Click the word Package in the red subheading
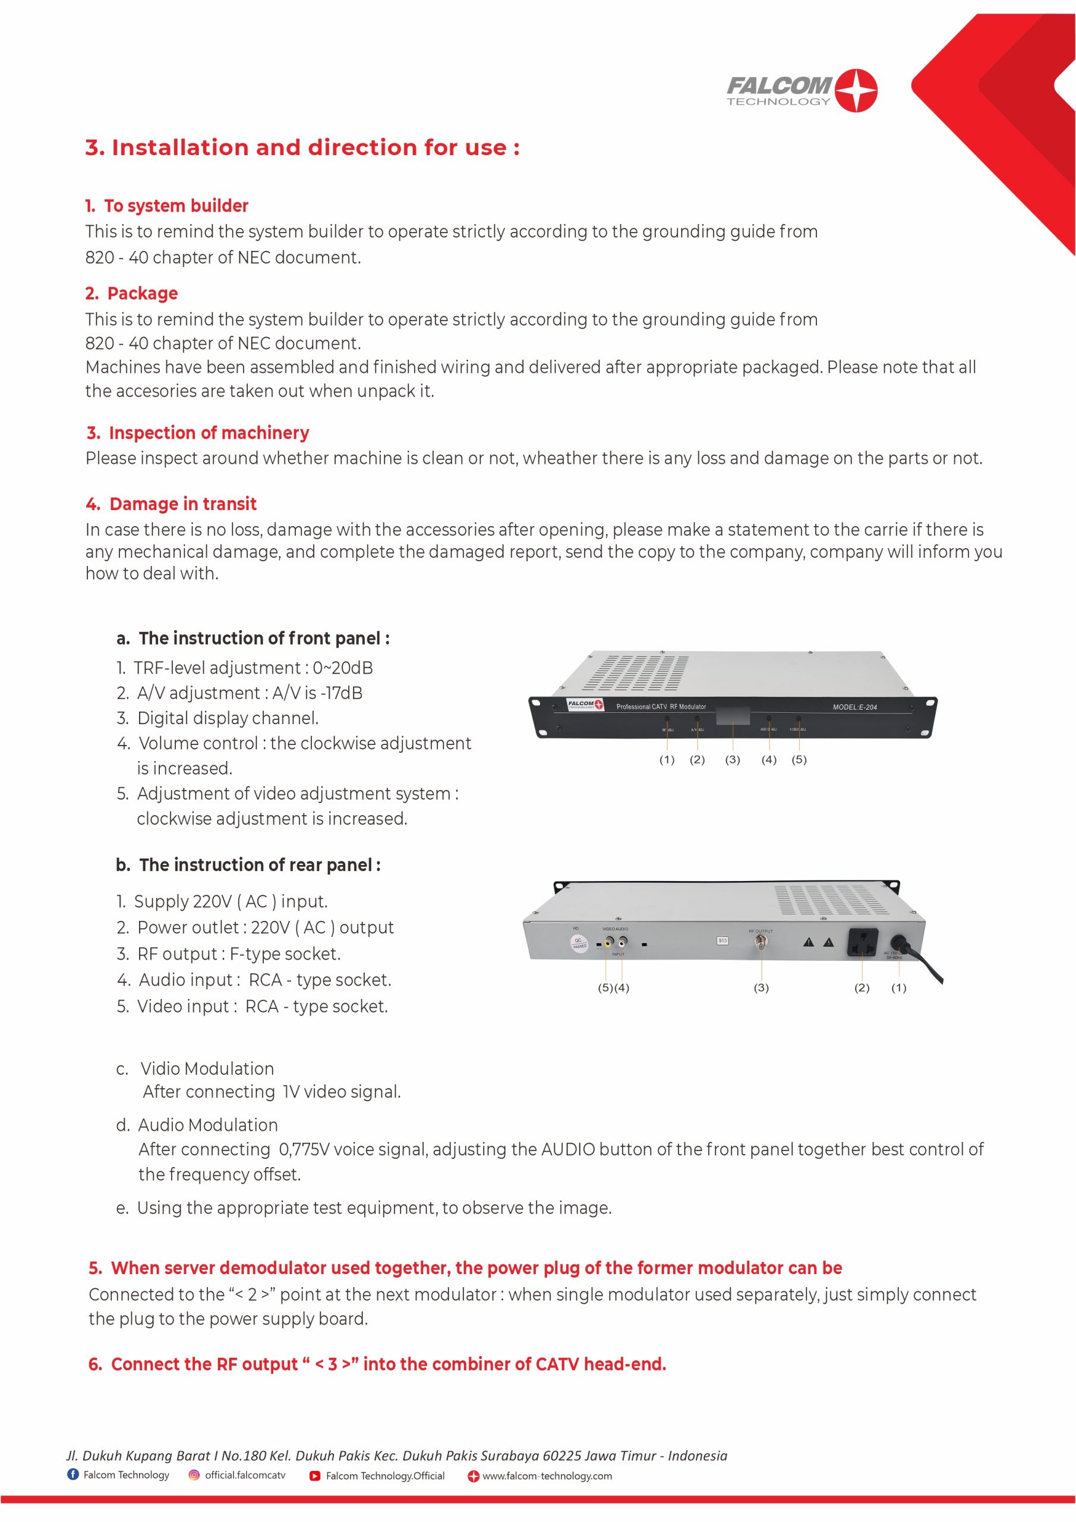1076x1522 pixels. point(143,294)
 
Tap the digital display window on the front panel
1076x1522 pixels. point(733,716)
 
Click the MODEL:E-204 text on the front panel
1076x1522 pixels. point(855,707)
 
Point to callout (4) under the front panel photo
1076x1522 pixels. point(769,760)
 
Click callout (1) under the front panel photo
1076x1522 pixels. point(667,760)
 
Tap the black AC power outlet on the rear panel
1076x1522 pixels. point(863,942)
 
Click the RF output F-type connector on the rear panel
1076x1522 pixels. point(761,941)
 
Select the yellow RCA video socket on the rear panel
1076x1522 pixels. point(608,941)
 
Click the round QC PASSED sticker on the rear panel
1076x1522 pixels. point(579,944)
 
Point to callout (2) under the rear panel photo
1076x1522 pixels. point(862,988)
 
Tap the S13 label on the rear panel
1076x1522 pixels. point(722,941)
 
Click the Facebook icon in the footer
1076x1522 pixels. point(73,1475)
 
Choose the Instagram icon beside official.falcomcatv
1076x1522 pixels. point(194,1476)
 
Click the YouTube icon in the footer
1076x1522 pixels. point(315,1476)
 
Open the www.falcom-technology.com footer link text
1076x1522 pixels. point(547,1476)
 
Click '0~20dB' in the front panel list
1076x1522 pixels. point(343,668)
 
